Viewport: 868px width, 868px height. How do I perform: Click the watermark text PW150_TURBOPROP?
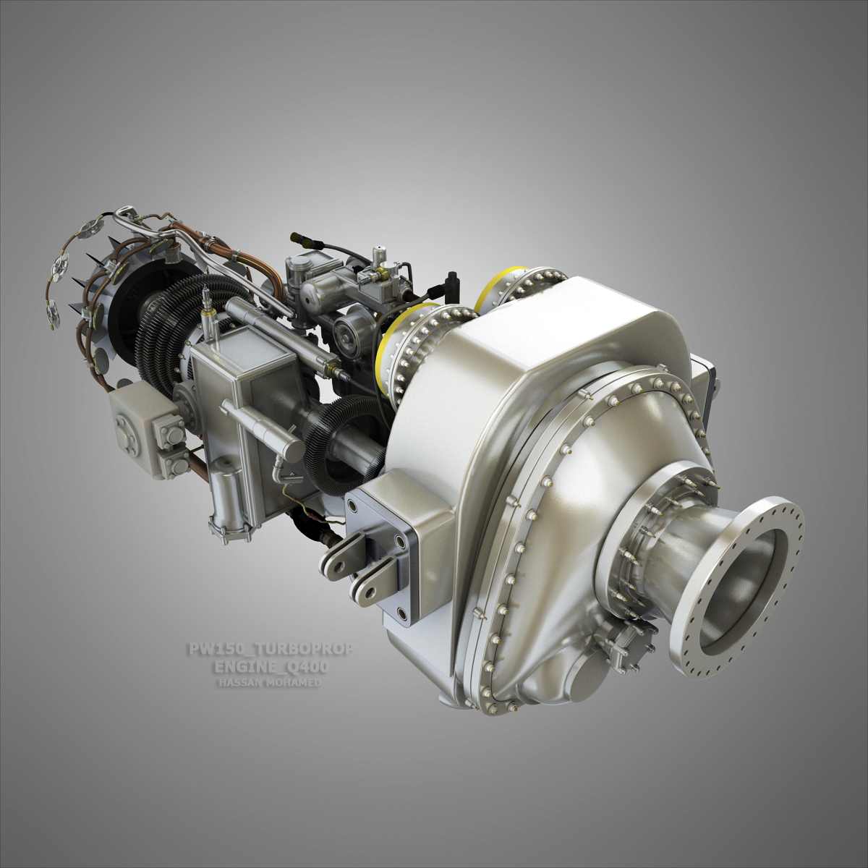(271, 650)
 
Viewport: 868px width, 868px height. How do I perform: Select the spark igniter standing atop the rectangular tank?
(209, 307)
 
